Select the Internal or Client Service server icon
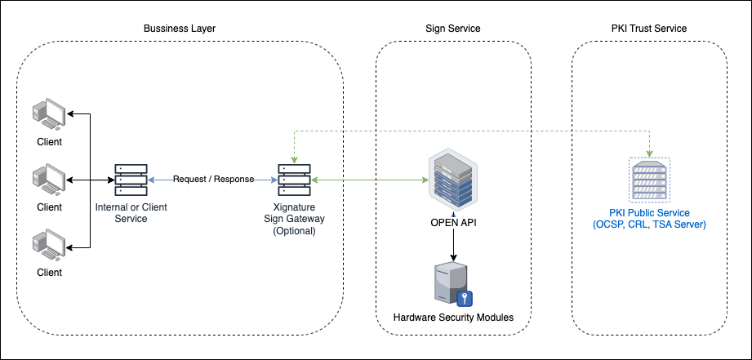coord(131,179)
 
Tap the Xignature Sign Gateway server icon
coord(294,179)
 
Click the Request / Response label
coord(213,179)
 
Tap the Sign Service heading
coord(453,29)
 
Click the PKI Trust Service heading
coord(649,29)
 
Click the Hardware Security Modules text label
coord(453,317)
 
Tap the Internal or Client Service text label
coord(131,212)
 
